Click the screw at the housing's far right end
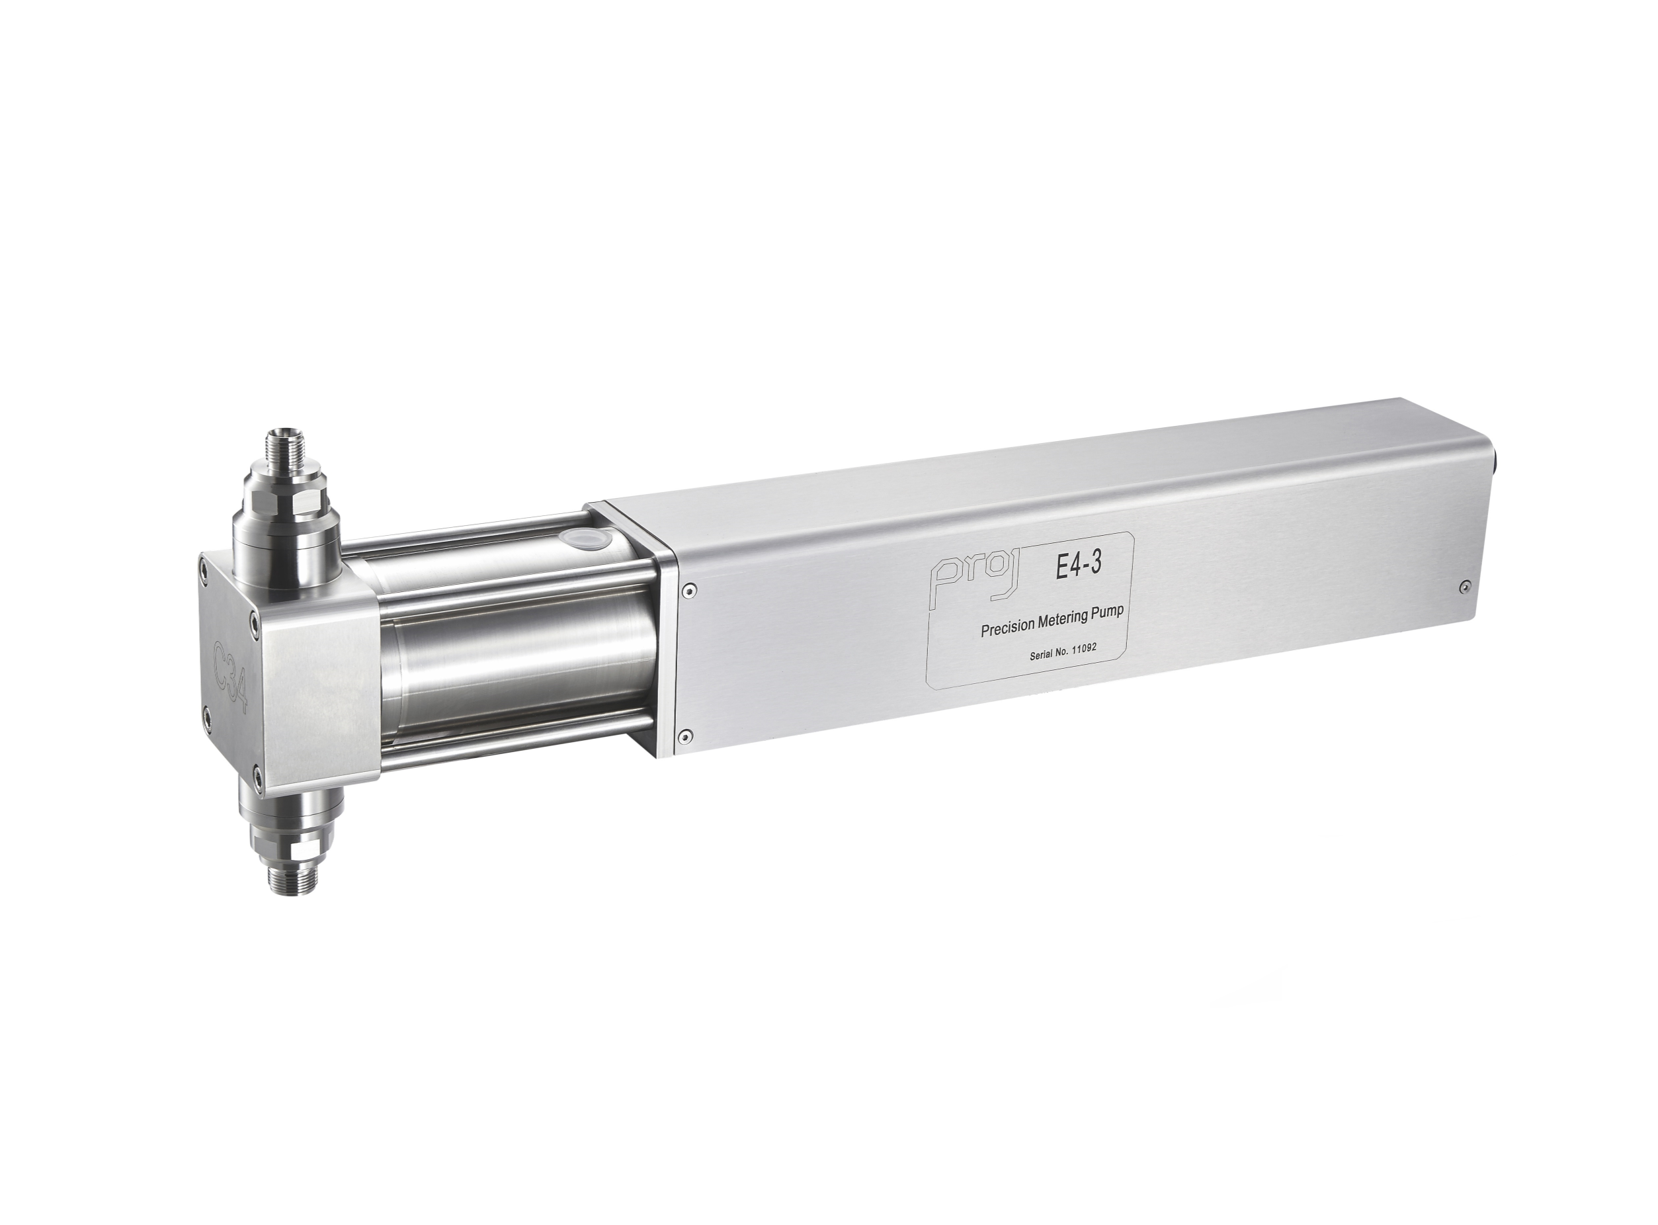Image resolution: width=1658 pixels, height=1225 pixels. [1464, 587]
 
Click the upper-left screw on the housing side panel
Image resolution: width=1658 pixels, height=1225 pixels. [691, 590]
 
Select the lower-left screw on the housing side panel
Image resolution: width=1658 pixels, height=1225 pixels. [685, 736]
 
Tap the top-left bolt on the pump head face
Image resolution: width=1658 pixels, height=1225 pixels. [203, 566]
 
